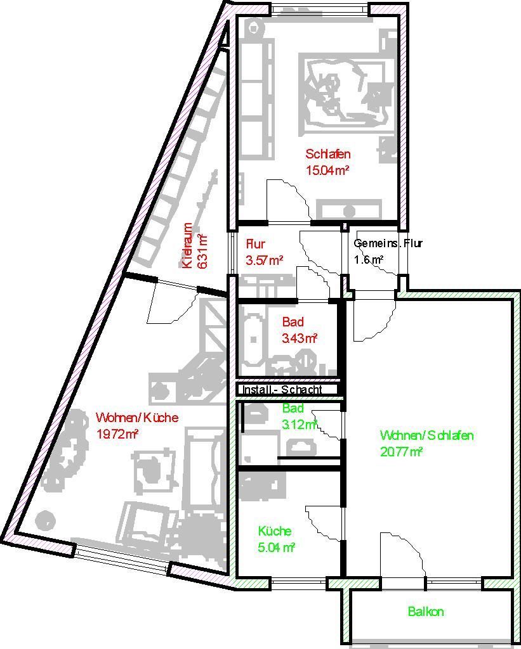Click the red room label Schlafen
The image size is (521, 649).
click(327, 154)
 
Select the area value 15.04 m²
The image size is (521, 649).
click(327, 170)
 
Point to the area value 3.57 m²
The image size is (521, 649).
click(264, 260)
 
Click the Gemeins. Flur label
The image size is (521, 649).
click(388, 243)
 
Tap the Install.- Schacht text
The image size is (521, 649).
click(282, 389)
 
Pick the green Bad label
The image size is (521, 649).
click(293, 408)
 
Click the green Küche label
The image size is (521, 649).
click(275, 531)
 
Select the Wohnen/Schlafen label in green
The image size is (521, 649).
click(426, 435)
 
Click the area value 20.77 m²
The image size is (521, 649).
click(401, 451)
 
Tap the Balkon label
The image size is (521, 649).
click(426, 612)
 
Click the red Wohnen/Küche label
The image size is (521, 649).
click(136, 418)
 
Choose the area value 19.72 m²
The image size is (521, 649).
click(117, 434)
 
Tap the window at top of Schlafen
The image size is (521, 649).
click(319, 10)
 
